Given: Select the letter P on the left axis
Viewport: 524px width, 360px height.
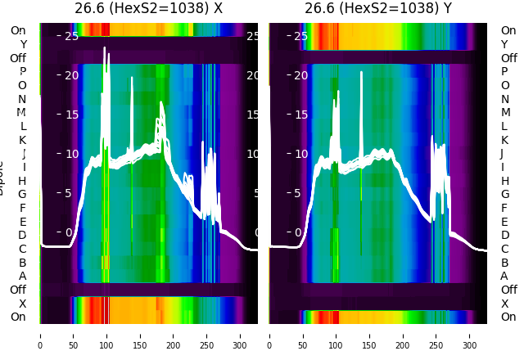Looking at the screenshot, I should pos(22,72).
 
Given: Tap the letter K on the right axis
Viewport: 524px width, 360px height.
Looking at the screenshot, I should pos(504,140).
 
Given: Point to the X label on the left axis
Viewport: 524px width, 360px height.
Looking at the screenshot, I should pos(22,304).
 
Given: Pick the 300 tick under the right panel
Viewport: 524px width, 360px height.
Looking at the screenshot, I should pos(471,335).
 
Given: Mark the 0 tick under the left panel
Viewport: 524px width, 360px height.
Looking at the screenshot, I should pos(40,335).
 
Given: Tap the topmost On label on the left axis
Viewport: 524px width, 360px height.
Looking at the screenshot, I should pos(18,30).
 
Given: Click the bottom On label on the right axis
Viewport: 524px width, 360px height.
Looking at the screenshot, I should pos(508,317).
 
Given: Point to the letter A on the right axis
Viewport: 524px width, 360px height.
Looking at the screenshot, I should pos(504,276).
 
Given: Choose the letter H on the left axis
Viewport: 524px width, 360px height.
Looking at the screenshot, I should pos(22,181).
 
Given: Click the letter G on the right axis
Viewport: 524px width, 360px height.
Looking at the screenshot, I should pos(504,194).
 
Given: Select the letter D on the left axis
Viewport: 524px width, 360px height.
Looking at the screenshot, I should pos(22,235).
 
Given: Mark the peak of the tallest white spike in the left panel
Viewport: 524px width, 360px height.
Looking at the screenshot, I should pos(105,48).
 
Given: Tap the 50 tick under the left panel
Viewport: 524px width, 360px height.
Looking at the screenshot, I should pos(74,335).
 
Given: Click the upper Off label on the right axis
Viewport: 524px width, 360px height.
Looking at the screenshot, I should pos(508,58).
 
